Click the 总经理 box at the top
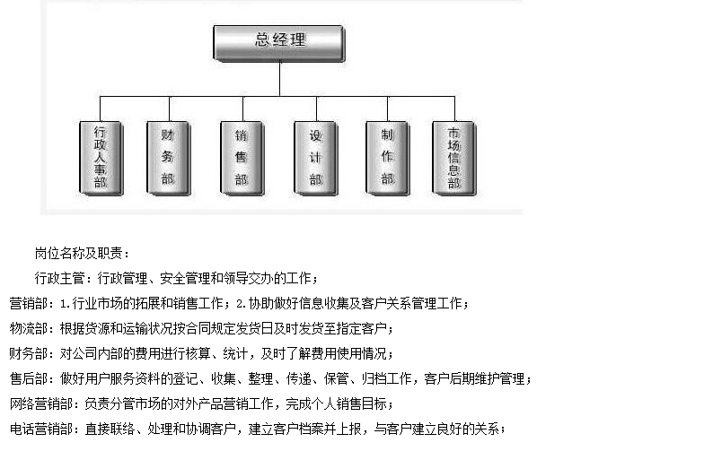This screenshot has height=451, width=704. (278, 43)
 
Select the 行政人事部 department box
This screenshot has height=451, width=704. (101, 158)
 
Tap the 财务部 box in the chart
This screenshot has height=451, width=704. (169, 158)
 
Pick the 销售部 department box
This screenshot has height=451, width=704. (242, 158)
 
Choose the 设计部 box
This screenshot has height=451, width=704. (316, 158)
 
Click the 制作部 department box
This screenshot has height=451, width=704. (388, 158)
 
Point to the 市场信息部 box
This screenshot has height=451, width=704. (454, 158)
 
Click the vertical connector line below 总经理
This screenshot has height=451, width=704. (280, 79)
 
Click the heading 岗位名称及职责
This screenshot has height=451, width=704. (79, 254)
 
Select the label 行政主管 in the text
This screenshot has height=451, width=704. (59, 279)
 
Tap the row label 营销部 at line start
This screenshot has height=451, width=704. (29, 304)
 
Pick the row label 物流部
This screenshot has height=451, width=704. (29, 329)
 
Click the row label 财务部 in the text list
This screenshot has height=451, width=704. (29, 354)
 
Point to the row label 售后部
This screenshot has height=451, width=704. (29, 379)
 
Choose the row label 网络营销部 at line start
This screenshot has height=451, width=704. (41, 404)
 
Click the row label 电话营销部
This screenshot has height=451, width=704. (41, 429)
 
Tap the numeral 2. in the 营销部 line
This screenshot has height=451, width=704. (242, 304)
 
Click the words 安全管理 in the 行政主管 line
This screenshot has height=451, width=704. (185, 279)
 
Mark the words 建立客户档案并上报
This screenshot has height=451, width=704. (305, 429)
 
